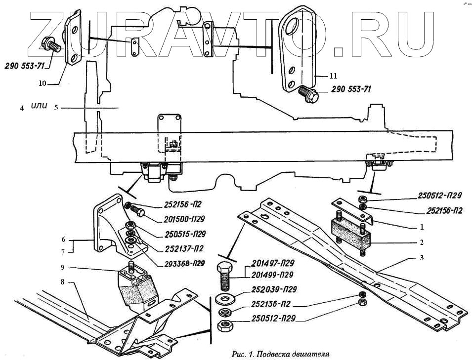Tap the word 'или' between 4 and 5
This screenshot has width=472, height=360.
(x=39, y=106)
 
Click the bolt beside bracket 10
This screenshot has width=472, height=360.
(x=51, y=46)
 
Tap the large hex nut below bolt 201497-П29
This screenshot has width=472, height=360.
(x=225, y=326)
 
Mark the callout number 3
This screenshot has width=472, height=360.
(x=421, y=258)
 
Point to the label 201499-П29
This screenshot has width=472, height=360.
(x=272, y=275)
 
